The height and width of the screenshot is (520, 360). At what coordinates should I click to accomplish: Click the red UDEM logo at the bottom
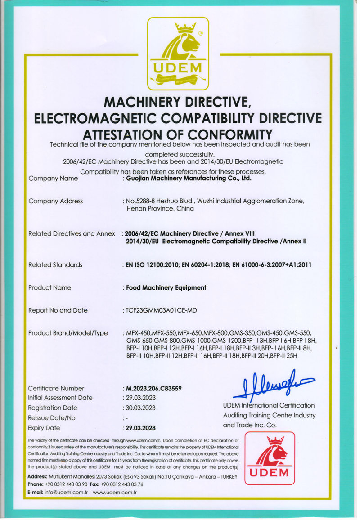click(270, 458)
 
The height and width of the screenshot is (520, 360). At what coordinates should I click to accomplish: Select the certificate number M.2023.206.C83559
click(154, 388)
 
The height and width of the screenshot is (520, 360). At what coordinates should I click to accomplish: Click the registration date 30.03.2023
click(141, 408)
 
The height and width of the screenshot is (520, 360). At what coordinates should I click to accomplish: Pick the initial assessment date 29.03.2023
click(141, 398)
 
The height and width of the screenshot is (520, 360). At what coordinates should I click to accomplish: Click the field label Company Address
click(55, 201)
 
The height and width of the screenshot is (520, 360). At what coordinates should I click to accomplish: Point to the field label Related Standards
click(55, 265)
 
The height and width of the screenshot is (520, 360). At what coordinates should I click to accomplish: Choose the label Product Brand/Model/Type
click(68, 333)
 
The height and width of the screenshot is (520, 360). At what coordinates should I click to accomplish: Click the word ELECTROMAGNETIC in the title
click(99, 118)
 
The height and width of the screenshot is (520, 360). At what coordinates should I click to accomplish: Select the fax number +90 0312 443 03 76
click(122, 484)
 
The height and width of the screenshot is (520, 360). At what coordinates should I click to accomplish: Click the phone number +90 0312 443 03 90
click(66, 484)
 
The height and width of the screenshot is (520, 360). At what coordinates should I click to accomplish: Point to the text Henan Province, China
click(161, 209)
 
